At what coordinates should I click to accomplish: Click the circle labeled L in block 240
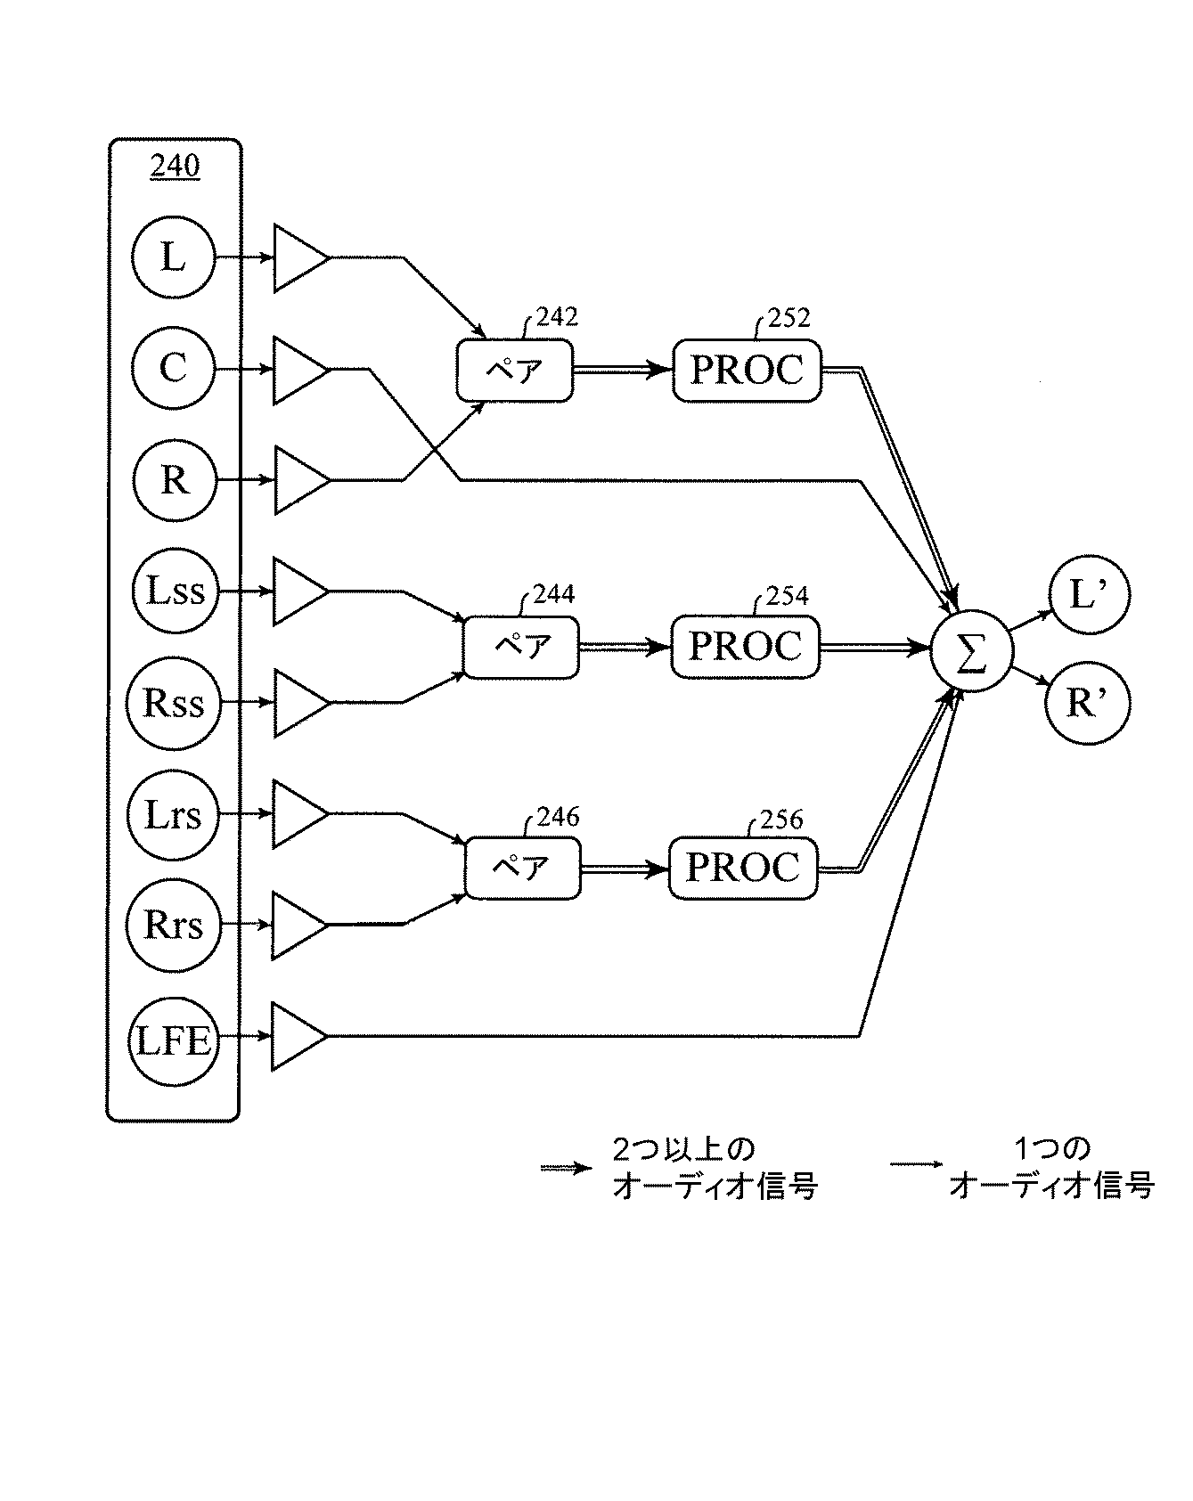pos(173,258)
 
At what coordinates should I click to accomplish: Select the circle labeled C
pos(173,369)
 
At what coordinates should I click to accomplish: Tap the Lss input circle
pos(173,591)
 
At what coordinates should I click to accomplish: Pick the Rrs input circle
pos(173,926)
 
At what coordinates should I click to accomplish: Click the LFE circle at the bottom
pos(173,1039)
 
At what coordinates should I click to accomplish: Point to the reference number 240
pos(175,167)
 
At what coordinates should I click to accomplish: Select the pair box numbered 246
pos(522,868)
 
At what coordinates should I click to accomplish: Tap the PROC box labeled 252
pos(747,370)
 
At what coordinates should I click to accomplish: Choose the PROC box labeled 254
pos(745,647)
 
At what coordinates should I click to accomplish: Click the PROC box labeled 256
pos(743,868)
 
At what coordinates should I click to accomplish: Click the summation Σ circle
pos(971,655)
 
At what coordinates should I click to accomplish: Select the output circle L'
pos(1087,592)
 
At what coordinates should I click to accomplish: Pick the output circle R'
pos(1087,704)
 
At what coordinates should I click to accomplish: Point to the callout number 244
pos(553,594)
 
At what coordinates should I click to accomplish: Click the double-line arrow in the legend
pos(565,1168)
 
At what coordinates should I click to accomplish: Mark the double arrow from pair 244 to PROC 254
pos(624,648)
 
